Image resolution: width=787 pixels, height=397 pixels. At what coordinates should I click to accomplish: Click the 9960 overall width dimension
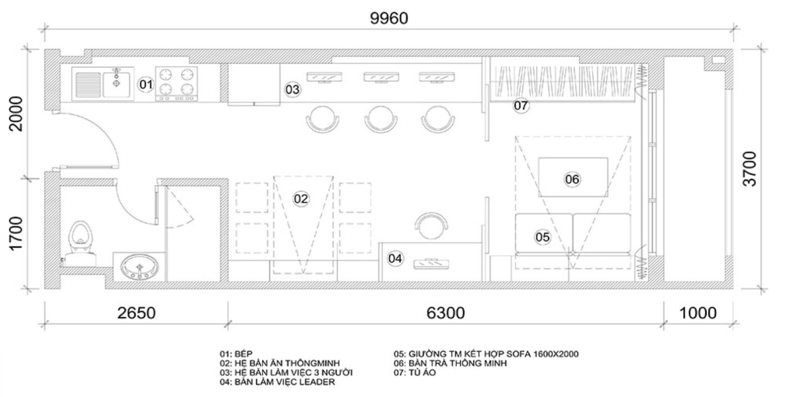(x=389, y=19)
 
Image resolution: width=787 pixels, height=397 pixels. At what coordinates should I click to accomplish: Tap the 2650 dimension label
(x=136, y=313)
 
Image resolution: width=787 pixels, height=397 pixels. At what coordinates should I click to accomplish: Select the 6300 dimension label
(x=445, y=313)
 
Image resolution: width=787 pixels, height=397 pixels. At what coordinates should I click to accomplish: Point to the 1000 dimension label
(x=698, y=313)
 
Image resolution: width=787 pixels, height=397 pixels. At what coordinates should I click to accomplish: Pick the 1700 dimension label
(x=16, y=234)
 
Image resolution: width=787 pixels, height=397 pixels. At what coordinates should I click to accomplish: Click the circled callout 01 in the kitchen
(x=146, y=85)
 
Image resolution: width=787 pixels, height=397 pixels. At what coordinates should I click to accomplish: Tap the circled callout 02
(x=301, y=199)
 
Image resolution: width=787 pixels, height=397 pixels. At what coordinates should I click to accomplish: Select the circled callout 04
(x=395, y=259)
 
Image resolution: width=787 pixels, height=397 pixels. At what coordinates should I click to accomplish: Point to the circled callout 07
(x=521, y=105)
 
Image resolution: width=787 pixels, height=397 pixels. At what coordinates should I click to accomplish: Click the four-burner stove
(x=177, y=84)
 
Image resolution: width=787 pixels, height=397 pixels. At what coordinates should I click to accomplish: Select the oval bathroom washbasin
(x=139, y=267)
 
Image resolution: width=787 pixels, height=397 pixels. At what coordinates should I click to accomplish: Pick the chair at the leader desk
(x=431, y=226)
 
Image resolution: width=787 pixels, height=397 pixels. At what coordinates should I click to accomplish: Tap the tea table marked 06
(x=573, y=177)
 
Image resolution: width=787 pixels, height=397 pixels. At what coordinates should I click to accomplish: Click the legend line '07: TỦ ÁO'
(x=415, y=372)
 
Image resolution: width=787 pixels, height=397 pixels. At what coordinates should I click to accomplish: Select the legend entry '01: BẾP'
(x=236, y=354)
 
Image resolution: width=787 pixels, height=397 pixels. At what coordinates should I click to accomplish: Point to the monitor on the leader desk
(x=432, y=264)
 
